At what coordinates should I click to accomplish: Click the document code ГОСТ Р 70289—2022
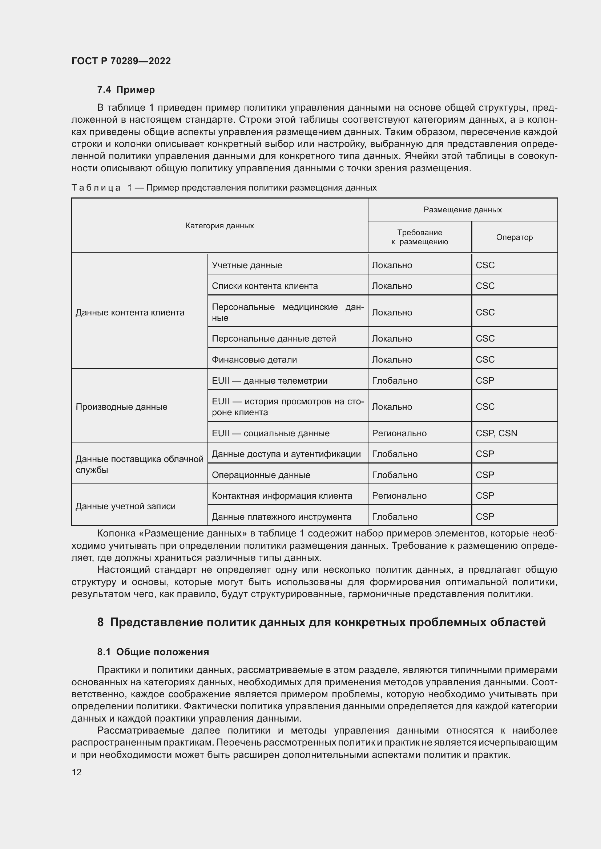point(121,61)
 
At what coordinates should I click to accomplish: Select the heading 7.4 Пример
point(126,90)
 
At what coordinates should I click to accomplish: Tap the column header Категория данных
point(219,225)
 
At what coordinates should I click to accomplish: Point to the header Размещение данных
point(462,210)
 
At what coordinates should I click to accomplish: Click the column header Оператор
point(514,237)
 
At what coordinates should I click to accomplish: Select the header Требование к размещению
point(419,237)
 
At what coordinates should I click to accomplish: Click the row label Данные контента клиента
point(130,313)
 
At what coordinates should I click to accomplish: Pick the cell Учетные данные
point(247,265)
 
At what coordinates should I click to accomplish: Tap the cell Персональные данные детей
point(274,339)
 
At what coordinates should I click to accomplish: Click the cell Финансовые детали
point(254,359)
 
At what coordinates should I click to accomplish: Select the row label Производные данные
point(121,407)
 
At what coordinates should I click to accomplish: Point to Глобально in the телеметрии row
point(395,380)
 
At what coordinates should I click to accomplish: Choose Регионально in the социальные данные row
point(399,433)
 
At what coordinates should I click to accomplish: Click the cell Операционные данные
point(261,475)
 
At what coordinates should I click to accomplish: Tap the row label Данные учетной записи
point(125,506)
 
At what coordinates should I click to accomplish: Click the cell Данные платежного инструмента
point(281,517)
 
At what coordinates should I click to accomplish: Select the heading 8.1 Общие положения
point(153,652)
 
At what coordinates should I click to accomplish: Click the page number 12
point(77,772)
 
